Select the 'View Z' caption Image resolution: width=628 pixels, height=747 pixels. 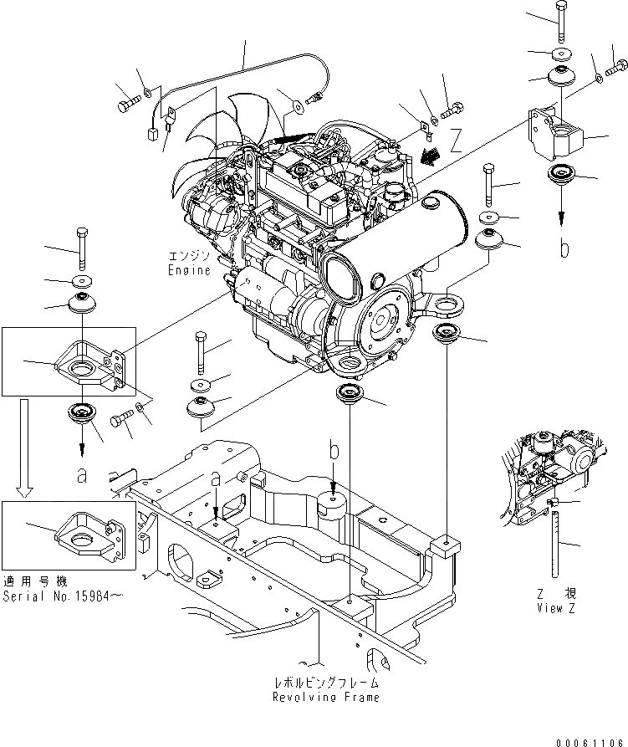[556, 608]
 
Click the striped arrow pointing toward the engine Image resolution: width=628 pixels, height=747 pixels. [430, 154]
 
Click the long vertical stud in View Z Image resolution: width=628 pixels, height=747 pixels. [554, 544]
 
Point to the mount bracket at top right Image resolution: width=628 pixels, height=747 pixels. [555, 134]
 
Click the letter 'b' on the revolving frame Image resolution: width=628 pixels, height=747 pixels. [334, 453]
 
